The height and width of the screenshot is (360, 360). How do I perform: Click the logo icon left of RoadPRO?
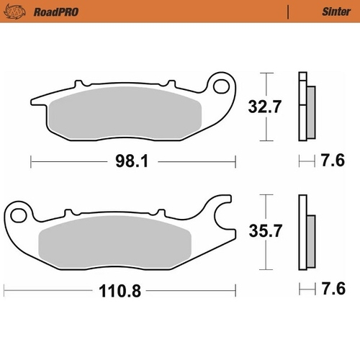tap(14, 12)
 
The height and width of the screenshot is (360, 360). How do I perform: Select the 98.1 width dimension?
tap(131, 162)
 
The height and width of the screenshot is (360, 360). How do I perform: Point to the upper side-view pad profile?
tap(305, 108)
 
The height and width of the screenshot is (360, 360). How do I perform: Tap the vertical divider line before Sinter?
tap(288, 12)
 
